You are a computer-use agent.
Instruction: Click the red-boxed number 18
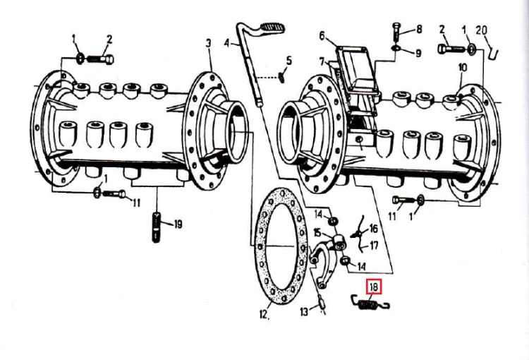coord(373,287)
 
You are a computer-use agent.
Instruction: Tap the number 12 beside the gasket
coord(264,314)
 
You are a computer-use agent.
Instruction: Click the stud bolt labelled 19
coord(156,227)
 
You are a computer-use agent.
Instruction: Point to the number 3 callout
coord(208,43)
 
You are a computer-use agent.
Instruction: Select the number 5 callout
coord(288,61)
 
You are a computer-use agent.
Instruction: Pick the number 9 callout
coord(418,54)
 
